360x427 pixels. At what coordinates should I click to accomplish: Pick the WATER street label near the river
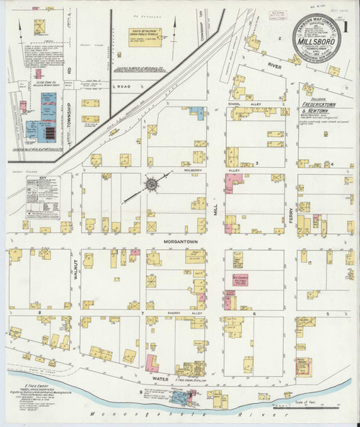click(161, 376)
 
